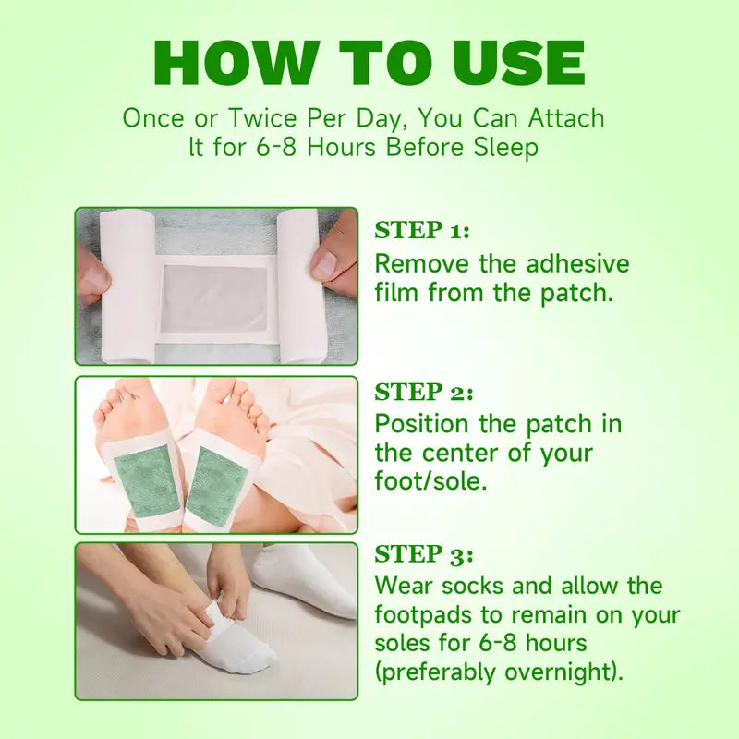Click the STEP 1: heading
(x=422, y=230)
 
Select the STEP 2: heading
(x=424, y=392)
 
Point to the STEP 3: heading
(x=424, y=554)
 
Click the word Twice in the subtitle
(x=262, y=118)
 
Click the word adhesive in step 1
(x=577, y=263)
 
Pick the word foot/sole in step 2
(x=430, y=481)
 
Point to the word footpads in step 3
(x=424, y=615)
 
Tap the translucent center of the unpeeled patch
(x=215, y=297)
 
